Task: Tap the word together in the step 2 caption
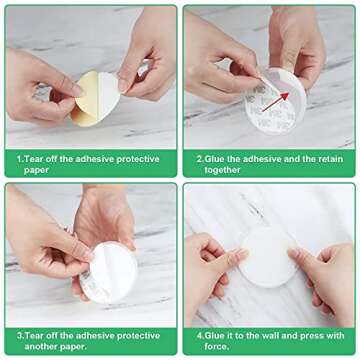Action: click(222, 169)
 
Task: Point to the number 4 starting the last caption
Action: click(200, 335)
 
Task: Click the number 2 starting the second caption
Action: click(200, 158)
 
